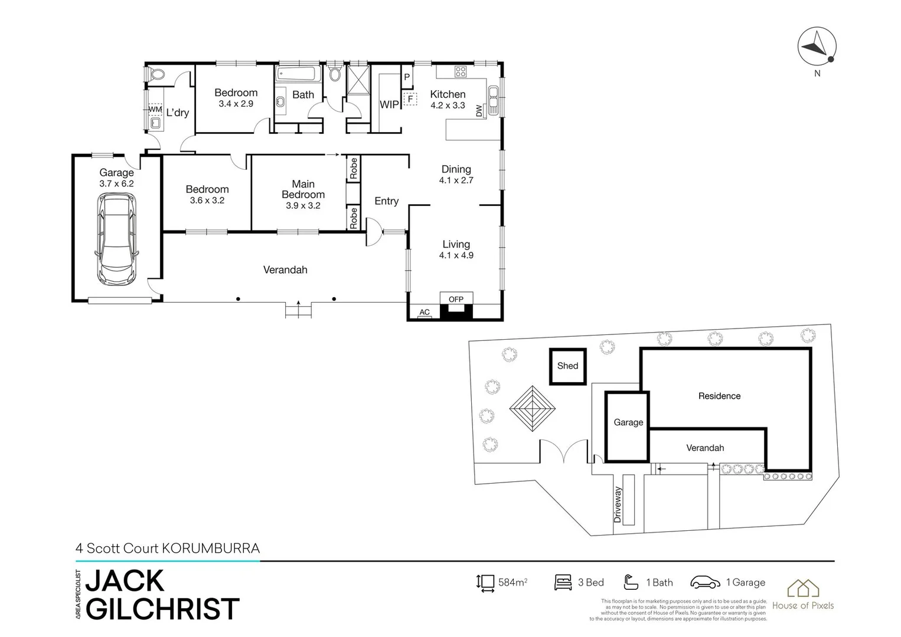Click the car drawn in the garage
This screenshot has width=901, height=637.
pyautogui.click(x=116, y=239)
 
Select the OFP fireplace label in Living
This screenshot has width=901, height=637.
pyautogui.click(x=456, y=299)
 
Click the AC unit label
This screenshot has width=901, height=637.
pyautogui.click(x=425, y=313)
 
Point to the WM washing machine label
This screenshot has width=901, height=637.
pyautogui.click(x=155, y=110)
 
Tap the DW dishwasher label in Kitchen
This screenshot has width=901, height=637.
pyautogui.click(x=479, y=110)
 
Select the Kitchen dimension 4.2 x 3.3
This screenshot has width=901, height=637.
pyautogui.click(x=448, y=106)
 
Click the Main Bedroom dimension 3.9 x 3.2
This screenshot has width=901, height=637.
pyautogui.click(x=303, y=206)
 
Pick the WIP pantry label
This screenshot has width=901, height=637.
pyautogui.click(x=389, y=104)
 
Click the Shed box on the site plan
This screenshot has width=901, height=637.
pyautogui.click(x=567, y=366)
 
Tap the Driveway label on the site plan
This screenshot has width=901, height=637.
pyautogui.click(x=618, y=505)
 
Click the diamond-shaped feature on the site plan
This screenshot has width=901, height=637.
pyautogui.click(x=533, y=409)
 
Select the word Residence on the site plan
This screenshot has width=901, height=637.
pyautogui.click(x=719, y=396)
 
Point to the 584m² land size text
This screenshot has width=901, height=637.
pyautogui.click(x=512, y=583)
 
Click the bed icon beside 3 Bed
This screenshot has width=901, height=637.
pyautogui.click(x=563, y=583)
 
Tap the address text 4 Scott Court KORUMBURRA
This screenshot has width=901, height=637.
pyautogui.click(x=168, y=549)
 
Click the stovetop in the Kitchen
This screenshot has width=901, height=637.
pyautogui.click(x=460, y=72)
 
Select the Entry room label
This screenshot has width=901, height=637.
pyautogui.click(x=386, y=201)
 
